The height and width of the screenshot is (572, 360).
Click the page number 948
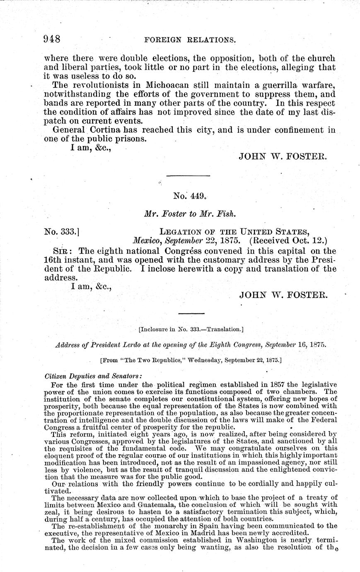[x=53, y=40]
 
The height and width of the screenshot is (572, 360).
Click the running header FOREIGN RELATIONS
[x=189, y=40]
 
